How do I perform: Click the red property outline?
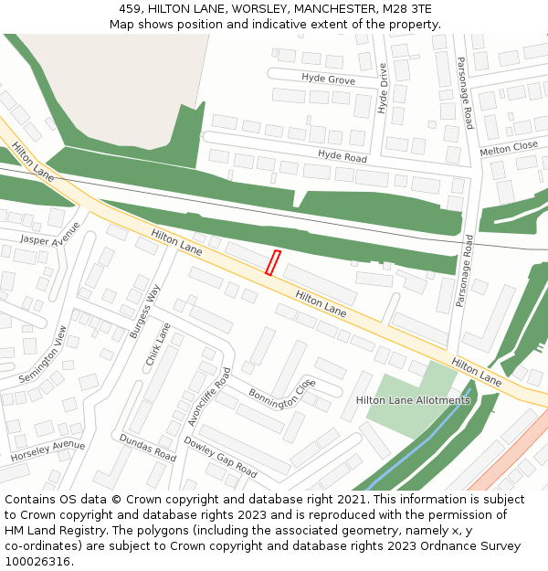(272, 262)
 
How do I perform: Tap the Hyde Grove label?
(328, 79)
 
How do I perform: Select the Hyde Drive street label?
(383, 89)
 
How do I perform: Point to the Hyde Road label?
(342, 157)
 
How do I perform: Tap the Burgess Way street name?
(144, 312)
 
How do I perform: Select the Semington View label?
(43, 354)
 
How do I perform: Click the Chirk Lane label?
(158, 344)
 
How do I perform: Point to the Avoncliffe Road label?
(209, 397)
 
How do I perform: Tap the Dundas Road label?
(147, 447)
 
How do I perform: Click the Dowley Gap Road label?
(220, 456)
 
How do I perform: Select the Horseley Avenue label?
(47, 450)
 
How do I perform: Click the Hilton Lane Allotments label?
(413, 400)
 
